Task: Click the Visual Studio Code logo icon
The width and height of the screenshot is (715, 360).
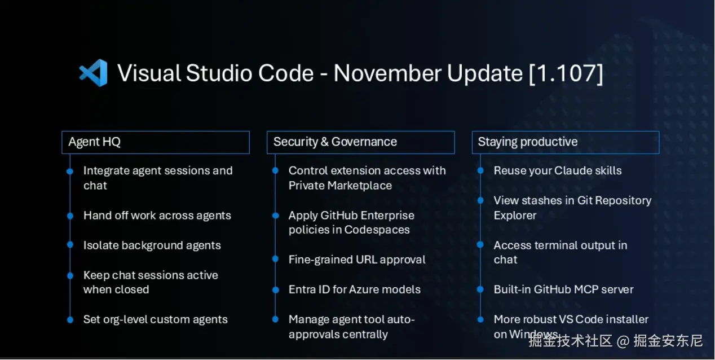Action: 93,73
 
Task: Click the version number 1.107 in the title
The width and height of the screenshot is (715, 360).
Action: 566,73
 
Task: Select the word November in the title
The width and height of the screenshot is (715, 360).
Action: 387,73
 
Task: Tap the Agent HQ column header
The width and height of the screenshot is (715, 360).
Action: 156,142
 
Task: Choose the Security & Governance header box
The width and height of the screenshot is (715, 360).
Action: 361,142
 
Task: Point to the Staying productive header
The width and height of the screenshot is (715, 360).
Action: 566,142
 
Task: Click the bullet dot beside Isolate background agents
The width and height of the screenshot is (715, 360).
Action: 70,245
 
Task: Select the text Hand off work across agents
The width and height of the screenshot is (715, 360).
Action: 157,216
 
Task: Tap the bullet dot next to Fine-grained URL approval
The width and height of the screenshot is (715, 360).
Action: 276,259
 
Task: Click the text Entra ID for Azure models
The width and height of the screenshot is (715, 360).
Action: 355,289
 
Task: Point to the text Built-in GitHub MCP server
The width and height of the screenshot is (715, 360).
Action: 564,289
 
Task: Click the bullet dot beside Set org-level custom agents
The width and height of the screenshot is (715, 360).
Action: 70,320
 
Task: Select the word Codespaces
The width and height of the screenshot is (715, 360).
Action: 377,230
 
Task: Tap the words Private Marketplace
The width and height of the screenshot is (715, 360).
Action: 340,186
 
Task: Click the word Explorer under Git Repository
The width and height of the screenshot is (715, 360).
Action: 515,216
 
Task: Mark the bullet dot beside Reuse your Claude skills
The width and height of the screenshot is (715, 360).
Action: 480,170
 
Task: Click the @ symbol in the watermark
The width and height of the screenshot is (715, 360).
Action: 623,341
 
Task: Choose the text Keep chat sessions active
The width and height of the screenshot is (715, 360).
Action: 151,275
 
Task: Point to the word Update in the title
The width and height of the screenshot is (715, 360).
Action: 485,74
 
